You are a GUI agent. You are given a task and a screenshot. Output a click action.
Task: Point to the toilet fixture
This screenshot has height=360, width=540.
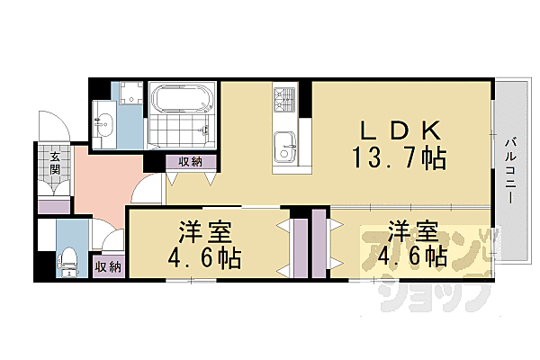coord(68,262)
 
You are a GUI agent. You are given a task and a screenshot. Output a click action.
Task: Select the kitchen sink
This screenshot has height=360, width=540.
coord(285,144)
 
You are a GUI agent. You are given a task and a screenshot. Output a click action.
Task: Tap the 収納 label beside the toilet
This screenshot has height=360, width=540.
coord(107,267)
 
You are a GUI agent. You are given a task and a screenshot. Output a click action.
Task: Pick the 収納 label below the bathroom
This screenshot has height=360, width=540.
coord(190,162)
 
